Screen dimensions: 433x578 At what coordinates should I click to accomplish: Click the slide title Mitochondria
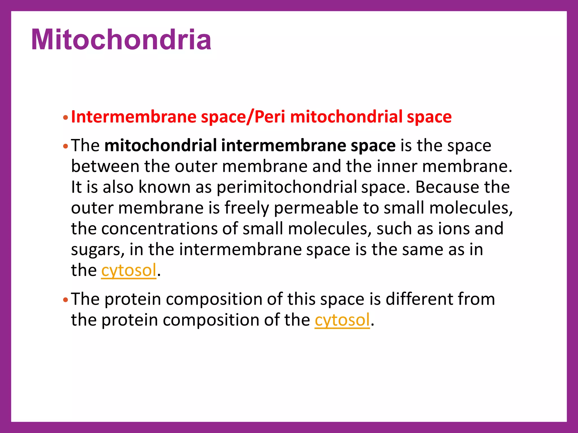pyautogui.click(x=121, y=40)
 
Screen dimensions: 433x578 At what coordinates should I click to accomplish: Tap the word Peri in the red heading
pyautogui.click(x=270, y=117)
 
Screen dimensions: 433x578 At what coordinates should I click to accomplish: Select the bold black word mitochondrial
pyautogui.click(x=161, y=145)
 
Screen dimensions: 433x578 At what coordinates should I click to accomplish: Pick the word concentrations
pyautogui.click(x=159, y=229)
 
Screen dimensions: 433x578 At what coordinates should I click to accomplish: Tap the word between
pyautogui.click(x=105, y=166)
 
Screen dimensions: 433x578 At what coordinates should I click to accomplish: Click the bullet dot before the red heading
pyautogui.click(x=65, y=118)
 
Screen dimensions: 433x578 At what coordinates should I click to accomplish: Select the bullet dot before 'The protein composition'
pyautogui.click(x=65, y=300)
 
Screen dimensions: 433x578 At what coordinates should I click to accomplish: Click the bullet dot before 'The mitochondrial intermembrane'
pyautogui.click(x=65, y=146)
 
